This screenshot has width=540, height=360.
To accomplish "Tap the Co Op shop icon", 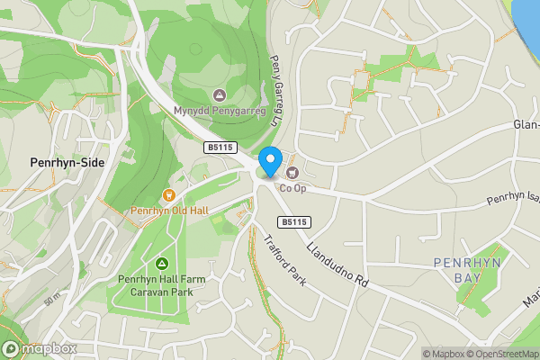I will (x=292, y=172).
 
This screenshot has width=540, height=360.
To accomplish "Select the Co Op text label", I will (x=293, y=188).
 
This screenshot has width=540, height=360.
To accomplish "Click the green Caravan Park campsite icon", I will (x=162, y=263).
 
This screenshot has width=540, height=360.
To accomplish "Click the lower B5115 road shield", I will (x=293, y=221).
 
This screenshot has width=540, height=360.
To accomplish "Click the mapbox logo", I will (x=39, y=348).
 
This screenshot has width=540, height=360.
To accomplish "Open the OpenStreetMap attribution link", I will (x=502, y=354).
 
